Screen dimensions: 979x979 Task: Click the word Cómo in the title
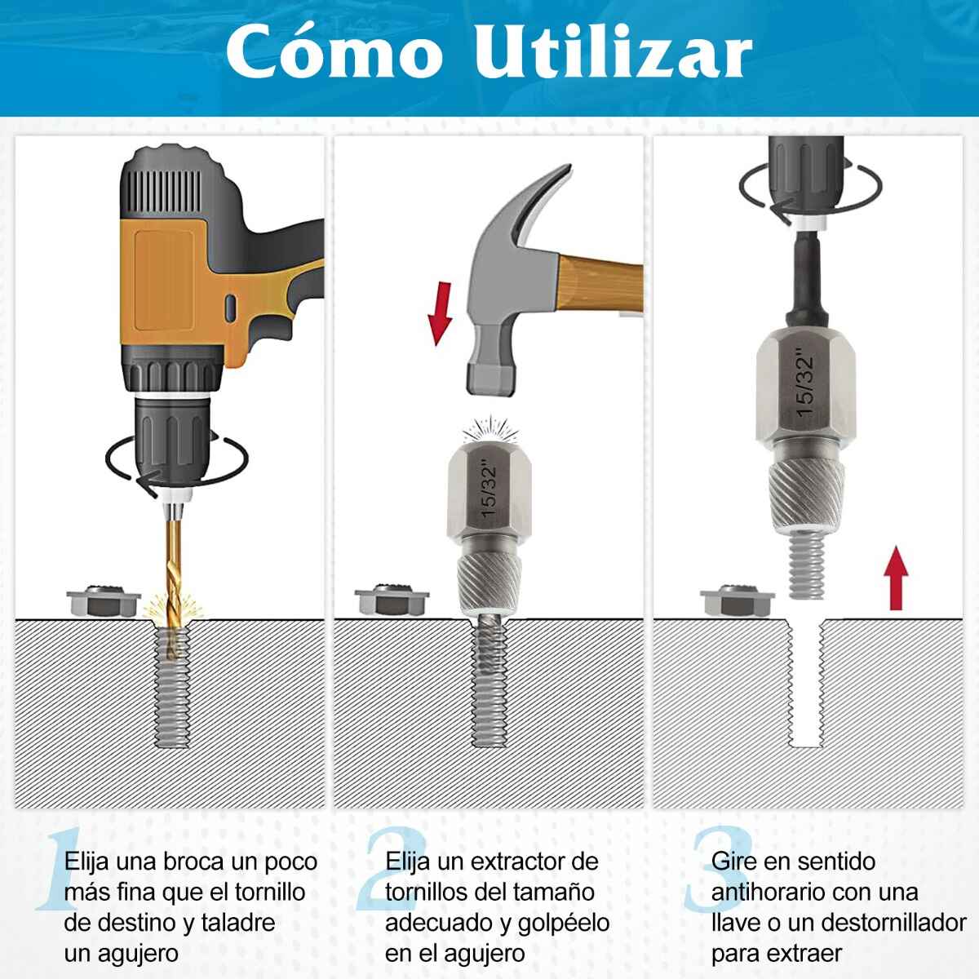[334, 52]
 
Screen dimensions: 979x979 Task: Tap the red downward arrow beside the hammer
[440, 313]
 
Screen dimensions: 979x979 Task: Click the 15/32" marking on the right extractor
[805, 382]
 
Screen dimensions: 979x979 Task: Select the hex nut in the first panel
[104, 600]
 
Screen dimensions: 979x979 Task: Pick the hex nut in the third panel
[738, 600]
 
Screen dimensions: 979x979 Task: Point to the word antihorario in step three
[763, 893]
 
